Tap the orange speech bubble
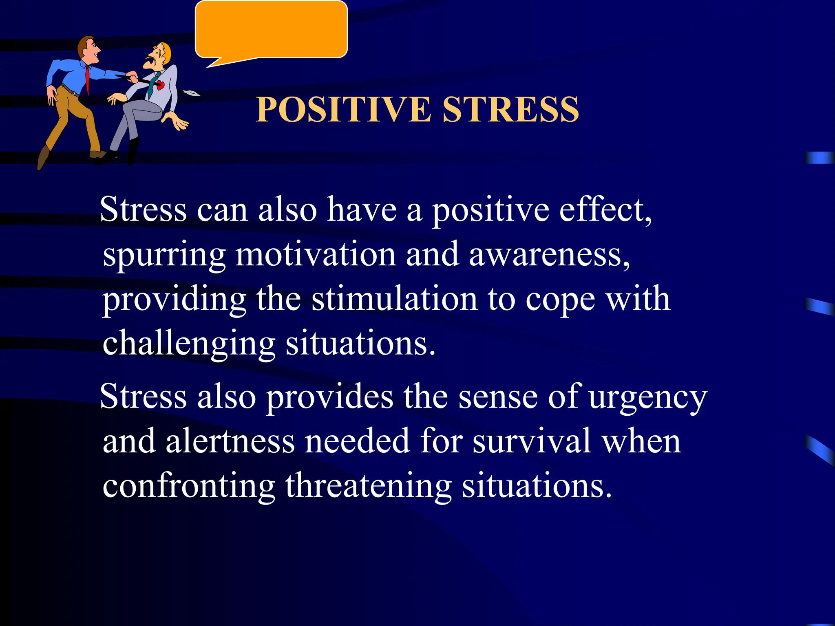271,29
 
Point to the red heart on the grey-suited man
160,85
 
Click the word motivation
316,254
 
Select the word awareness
549,254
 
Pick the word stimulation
394,299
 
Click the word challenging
189,344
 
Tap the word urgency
648,397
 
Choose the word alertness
230,441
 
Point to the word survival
532,441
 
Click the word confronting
189,486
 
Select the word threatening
368,486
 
